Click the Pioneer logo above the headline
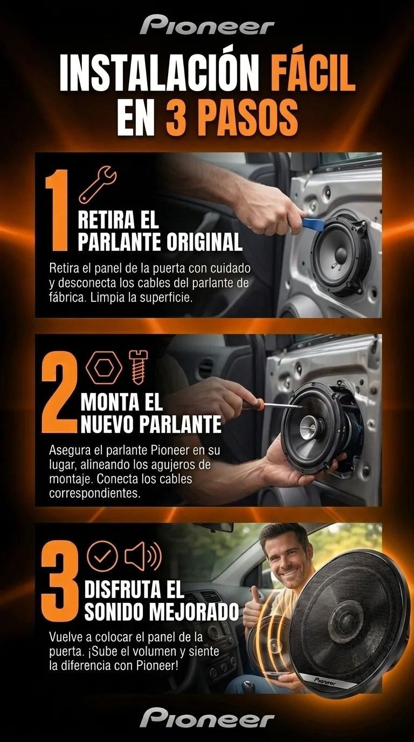pos(207,24)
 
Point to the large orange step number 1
pos(57,210)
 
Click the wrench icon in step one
pos(98,184)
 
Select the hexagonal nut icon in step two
pos(104,368)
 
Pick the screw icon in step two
pos(138,367)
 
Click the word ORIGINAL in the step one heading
pos(204,242)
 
